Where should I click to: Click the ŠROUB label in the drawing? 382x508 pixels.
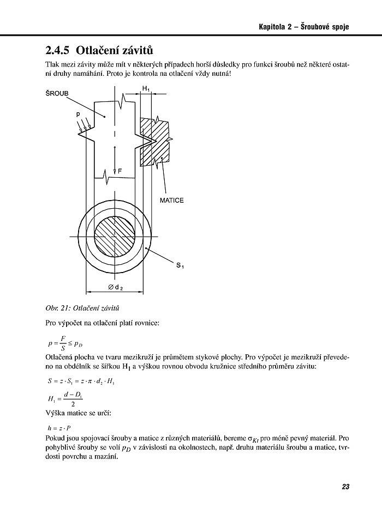tap(57, 94)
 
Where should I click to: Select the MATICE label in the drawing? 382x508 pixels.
tap(172, 201)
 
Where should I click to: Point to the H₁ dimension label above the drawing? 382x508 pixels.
tap(146, 88)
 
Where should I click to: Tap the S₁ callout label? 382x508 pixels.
tap(180, 265)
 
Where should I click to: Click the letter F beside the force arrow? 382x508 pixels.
tap(120, 171)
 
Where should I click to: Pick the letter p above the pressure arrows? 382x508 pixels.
tap(79, 116)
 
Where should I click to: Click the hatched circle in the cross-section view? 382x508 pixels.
tap(115, 236)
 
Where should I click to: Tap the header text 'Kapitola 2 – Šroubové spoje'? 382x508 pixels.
tap(303, 27)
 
